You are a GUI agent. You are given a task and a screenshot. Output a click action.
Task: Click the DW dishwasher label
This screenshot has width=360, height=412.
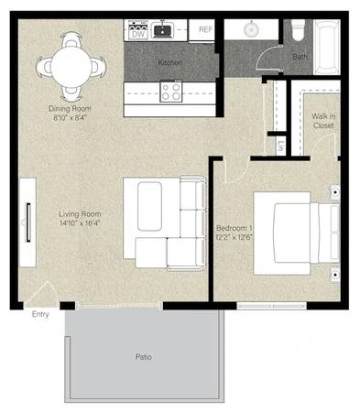tap(138, 34)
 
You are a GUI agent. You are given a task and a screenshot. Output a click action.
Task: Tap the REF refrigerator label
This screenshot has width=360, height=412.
tap(205, 29)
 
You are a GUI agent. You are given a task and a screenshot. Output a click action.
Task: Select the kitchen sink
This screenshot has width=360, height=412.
tap(163, 30)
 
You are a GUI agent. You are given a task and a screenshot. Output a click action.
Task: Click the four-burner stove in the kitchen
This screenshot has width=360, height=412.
tap(171, 92)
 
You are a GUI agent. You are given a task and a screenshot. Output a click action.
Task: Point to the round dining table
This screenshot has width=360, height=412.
tap(71, 67)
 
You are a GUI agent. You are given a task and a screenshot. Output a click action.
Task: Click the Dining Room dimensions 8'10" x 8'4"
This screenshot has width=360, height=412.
tap(70, 117)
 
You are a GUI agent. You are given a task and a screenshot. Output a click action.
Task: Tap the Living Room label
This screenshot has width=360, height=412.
tap(80, 214)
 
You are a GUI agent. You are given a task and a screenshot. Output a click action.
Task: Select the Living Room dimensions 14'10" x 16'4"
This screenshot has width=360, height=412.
tap(80, 223)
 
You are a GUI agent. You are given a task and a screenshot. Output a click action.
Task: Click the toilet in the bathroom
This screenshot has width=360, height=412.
tap(298, 30)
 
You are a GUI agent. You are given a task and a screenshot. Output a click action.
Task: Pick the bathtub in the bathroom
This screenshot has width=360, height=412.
tap(327, 47)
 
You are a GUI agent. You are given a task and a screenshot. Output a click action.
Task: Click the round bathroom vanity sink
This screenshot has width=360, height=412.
tap(251, 29)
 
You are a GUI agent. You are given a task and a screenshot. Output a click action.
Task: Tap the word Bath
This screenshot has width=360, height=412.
tap(300, 57)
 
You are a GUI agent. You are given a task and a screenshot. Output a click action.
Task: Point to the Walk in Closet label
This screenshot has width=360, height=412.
tap(323, 121)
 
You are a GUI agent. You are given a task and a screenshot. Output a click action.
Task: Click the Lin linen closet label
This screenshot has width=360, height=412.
tap(280, 146)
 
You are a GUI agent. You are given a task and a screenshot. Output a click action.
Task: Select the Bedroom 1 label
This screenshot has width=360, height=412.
tap(235, 228)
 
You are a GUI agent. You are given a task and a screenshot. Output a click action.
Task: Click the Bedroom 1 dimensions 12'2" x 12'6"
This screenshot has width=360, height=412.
tap(235, 237)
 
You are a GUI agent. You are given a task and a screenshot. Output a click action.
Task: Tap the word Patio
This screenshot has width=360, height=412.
tap(144, 356)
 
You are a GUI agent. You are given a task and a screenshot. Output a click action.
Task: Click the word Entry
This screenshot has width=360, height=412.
tap(40, 314)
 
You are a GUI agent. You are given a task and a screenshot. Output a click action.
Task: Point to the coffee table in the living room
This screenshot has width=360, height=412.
tap(149, 206)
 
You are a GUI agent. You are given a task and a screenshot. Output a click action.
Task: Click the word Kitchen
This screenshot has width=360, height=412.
tap(169, 62)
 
